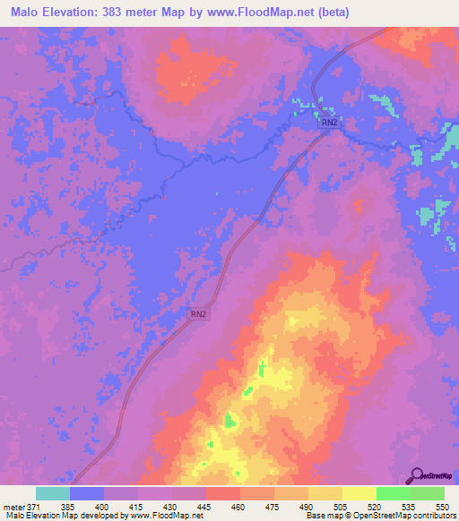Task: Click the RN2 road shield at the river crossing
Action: tap(330, 122)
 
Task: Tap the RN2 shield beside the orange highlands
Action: tap(199, 314)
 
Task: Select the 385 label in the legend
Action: tap(69, 506)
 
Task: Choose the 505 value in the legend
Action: tap(342, 506)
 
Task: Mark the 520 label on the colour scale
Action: tap(376, 506)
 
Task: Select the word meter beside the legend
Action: tap(14, 506)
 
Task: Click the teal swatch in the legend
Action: tap(52, 493)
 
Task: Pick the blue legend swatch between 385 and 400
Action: tap(87, 493)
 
